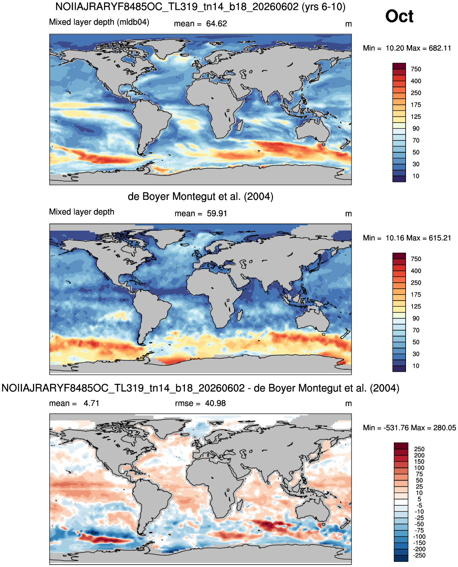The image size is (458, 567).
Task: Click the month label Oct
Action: pyautogui.click(x=399, y=16)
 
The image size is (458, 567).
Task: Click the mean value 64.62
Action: pyautogui.click(x=216, y=24)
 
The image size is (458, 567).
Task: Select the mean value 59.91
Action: pyautogui.click(x=217, y=214)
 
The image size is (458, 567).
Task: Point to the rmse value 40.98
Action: pyautogui.click(x=215, y=403)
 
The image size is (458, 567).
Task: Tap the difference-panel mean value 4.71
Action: pyautogui.click(x=91, y=403)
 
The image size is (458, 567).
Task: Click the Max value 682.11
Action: pyautogui.click(x=440, y=48)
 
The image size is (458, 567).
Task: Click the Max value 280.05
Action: pyautogui.click(x=445, y=428)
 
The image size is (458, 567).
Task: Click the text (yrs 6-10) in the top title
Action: pyautogui.click(x=323, y=6)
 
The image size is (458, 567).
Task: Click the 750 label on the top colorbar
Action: pyautogui.click(x=416, y=69)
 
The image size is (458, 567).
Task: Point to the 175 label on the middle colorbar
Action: pyautogui.click(x=416, y=295)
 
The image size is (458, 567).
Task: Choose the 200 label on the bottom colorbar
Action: pyautogui.click(x=419, y=455)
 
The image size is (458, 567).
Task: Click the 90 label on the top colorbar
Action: pyautogui.click(x=416, y=129)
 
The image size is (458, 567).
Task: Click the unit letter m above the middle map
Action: pyautogui.click(x=348, y=214)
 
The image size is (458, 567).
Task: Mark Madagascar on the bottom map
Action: pyautogui.click(x=239, y=504)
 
